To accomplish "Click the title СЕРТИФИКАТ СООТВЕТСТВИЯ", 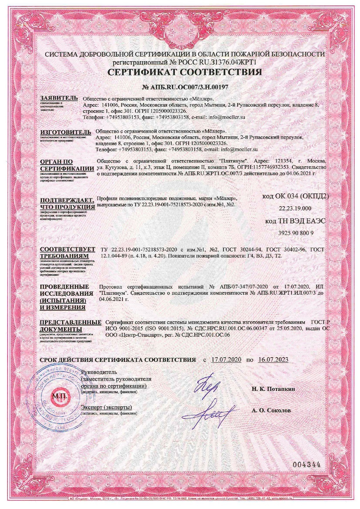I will (185, 72).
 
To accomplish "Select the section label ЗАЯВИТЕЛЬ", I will (59, 98).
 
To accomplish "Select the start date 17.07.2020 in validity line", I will (226, 360).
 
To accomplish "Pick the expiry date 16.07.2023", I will (273, 360).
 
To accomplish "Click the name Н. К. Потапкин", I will (273, 389).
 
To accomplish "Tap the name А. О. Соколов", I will (271, 411).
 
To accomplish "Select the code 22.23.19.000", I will (295, 209).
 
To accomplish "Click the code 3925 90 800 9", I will (296, 233).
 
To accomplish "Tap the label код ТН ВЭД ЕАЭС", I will (295, 221).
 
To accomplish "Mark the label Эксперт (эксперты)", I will (107, 407).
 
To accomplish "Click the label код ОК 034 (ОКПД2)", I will (295, 196).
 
